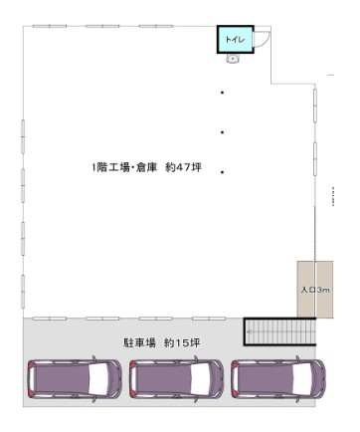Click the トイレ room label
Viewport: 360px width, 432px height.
click(235, 40)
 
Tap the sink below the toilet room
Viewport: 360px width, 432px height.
click(233, 59)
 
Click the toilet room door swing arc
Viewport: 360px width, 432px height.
click(262, 39)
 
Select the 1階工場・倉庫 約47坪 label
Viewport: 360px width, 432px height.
click(146, 167)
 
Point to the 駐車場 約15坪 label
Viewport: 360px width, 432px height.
click(162, 342)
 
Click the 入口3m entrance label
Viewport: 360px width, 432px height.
click(315, 290)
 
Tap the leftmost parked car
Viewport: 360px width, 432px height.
click(75, 379)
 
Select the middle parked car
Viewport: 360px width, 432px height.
click(176, 379)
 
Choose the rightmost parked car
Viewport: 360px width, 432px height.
click(278, 379)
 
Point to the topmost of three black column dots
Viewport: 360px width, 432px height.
click(222, 93)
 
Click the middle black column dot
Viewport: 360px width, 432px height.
click(222, 132)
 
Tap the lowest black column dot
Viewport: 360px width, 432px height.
click(222, 172)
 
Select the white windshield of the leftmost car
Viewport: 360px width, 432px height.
click(98, 379)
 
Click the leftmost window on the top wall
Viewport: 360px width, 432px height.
click(50, 26)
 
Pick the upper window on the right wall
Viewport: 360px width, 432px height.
click(315, 106)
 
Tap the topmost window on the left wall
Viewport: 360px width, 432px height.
click(23, 136)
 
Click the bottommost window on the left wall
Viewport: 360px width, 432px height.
click(23, 292)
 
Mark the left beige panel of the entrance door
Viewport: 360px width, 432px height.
click(305, 290)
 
